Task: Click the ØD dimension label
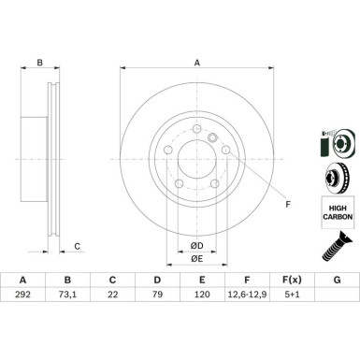[196, 245]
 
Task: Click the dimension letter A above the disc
[196, 64]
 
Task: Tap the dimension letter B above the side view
[39, 64]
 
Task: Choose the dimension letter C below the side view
[77, 247]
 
